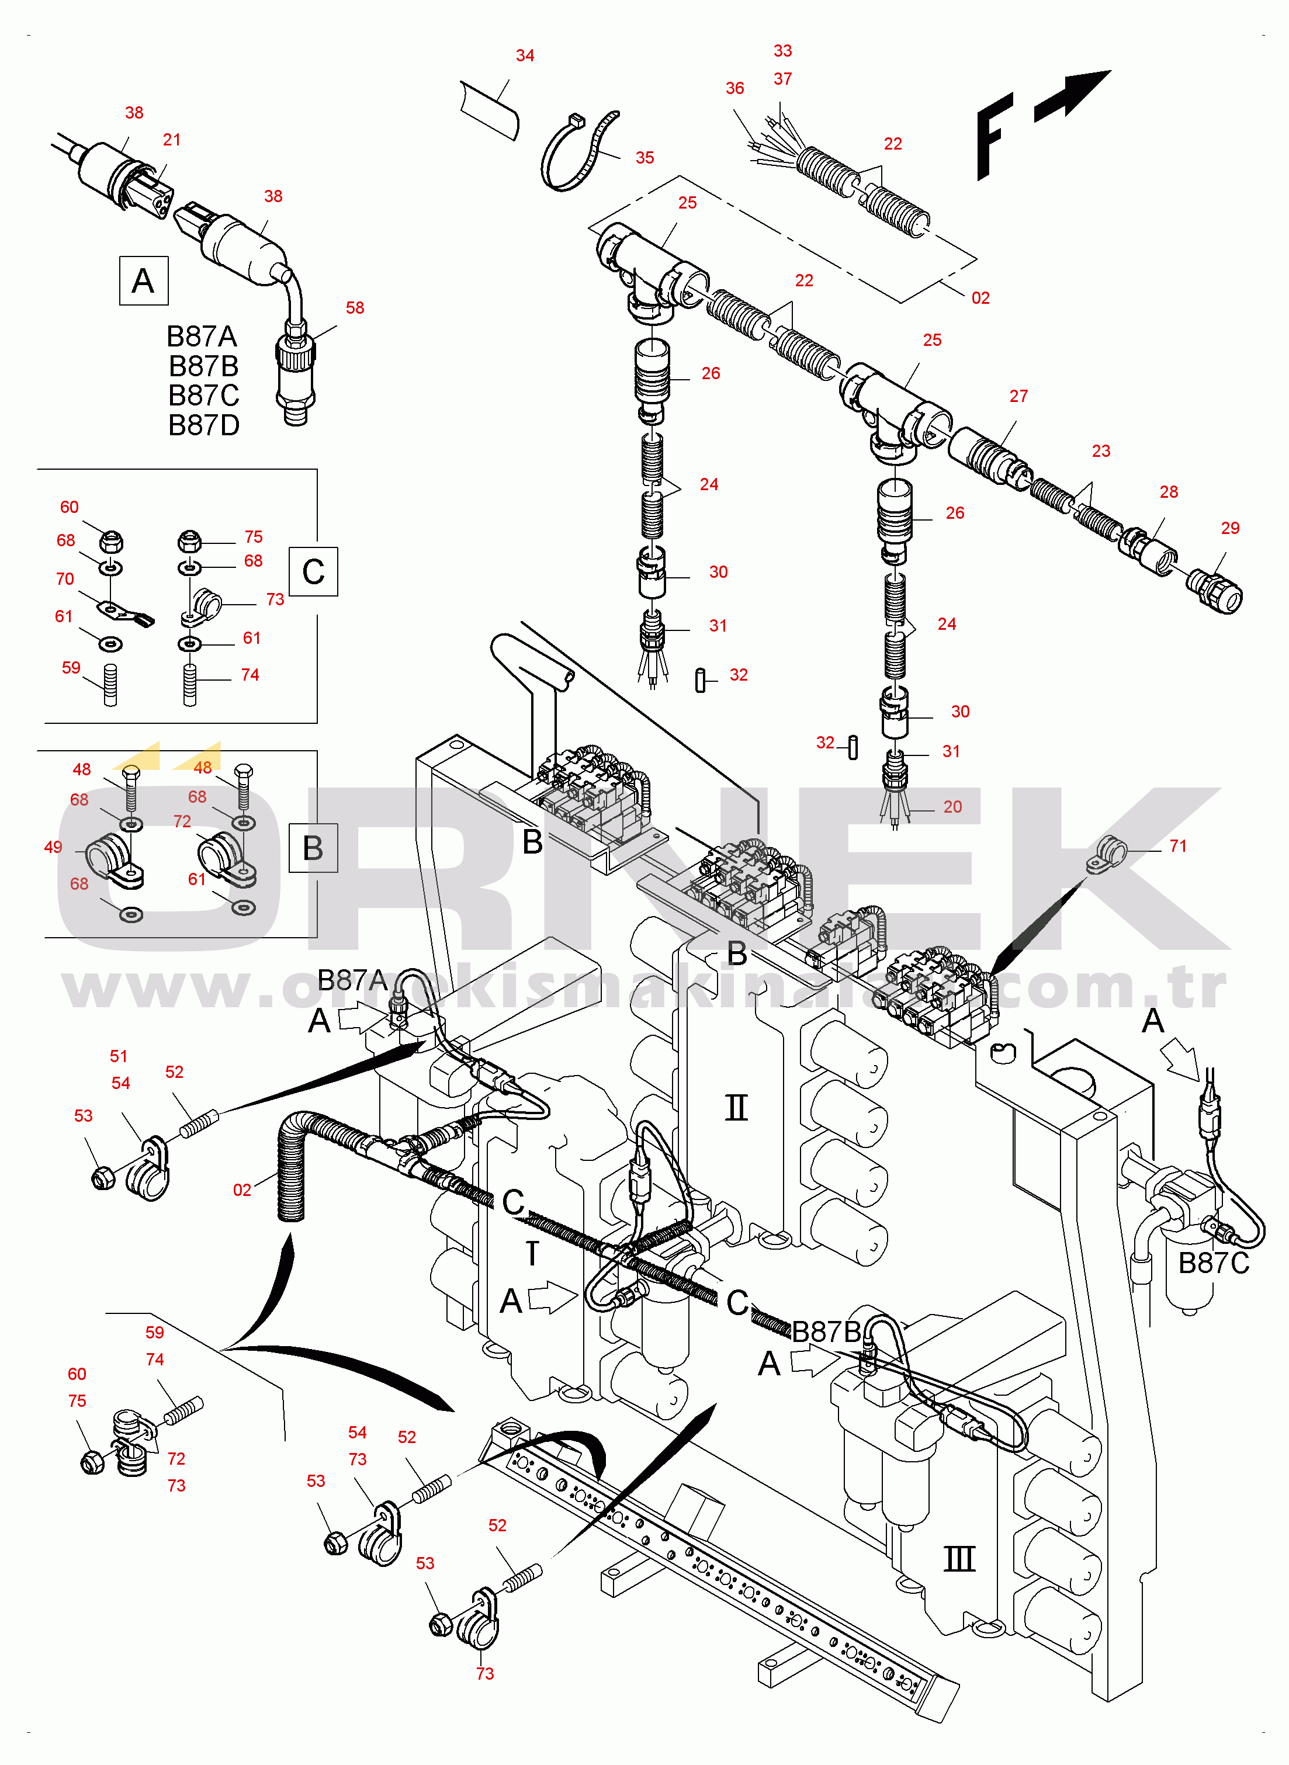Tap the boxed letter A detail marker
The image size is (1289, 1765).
click(144, 281)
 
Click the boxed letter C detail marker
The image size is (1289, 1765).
click(313, 572)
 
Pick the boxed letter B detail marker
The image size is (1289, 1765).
click(313, 848)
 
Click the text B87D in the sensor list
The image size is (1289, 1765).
click(204, 426)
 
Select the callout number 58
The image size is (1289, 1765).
click(355, 308)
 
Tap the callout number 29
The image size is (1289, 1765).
click(1230, 528)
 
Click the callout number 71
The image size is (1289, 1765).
click(1177, 846)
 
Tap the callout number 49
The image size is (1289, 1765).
click(53, 847)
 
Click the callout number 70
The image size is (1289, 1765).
click(65, 579)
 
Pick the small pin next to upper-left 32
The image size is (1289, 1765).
click(700, 681)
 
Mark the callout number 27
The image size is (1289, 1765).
click(1018, 396)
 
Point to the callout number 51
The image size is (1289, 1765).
click(119, 1056)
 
